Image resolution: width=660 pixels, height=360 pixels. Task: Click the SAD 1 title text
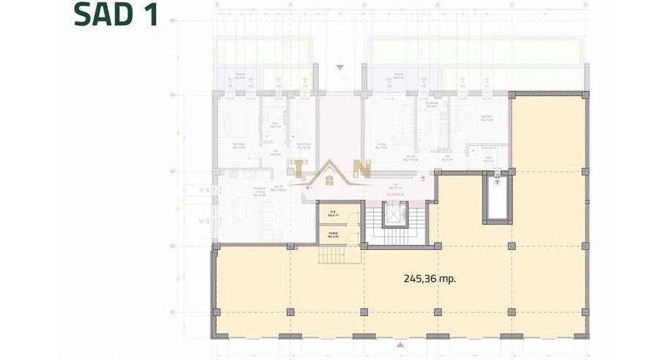tap(117, 15)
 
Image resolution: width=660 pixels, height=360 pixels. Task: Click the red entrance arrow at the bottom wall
tap(399, 343)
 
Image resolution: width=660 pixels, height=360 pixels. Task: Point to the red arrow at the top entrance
tap(339, 67)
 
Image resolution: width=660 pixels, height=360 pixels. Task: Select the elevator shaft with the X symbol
tap(394, 213)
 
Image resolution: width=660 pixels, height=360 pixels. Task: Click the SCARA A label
tap(398, 188)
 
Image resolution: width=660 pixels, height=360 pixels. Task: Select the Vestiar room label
tap(332, 235)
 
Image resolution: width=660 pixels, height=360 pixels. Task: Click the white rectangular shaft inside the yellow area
tap(495, 200)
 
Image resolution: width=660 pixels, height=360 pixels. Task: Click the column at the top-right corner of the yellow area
tap(584, 95)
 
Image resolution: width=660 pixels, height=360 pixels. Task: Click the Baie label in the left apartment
tap(275, 125)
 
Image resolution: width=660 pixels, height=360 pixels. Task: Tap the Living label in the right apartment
tap(381, 145)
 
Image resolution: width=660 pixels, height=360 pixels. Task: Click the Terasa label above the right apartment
tap(398, 76)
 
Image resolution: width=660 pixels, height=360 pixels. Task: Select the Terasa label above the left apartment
tap(239, 76)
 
